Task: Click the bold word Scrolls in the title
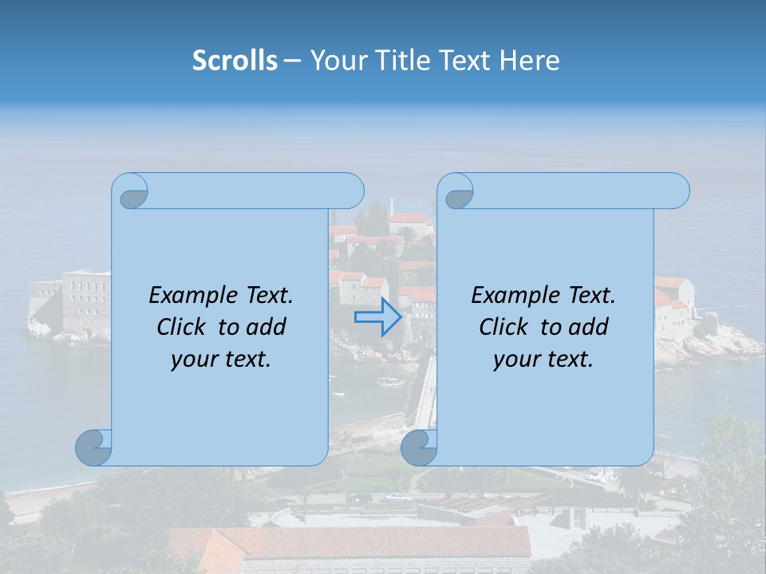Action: pos(235,61)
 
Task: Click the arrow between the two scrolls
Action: pos(377,317)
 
